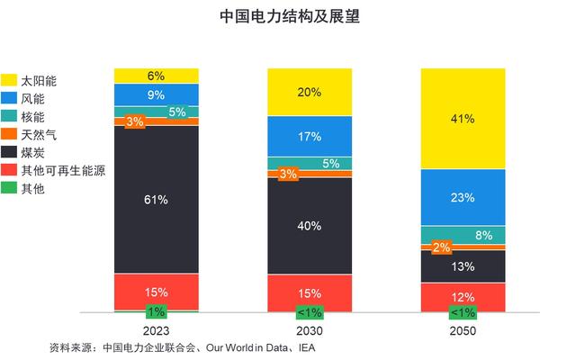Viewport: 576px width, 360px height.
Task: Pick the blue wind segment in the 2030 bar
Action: pos(310,138)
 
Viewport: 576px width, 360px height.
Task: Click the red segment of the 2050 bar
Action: pos(464,297)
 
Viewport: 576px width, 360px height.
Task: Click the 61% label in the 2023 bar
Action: pos(156,200)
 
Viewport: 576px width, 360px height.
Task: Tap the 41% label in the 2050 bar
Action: pos(464,118)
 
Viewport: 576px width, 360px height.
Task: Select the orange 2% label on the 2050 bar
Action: pos(442,247)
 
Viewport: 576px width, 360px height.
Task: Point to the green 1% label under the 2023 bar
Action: pos(156,312)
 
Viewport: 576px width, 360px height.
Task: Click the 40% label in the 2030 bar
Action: pos(310,225)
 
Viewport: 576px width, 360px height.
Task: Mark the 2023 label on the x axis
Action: pos(156,331)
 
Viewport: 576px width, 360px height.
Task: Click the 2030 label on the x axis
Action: pos(310,331)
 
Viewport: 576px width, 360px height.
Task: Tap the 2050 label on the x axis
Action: pos(464,331)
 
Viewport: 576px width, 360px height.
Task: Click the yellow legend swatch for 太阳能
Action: pos(11,80)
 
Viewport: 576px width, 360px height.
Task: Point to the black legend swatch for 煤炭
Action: pos(11,152)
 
